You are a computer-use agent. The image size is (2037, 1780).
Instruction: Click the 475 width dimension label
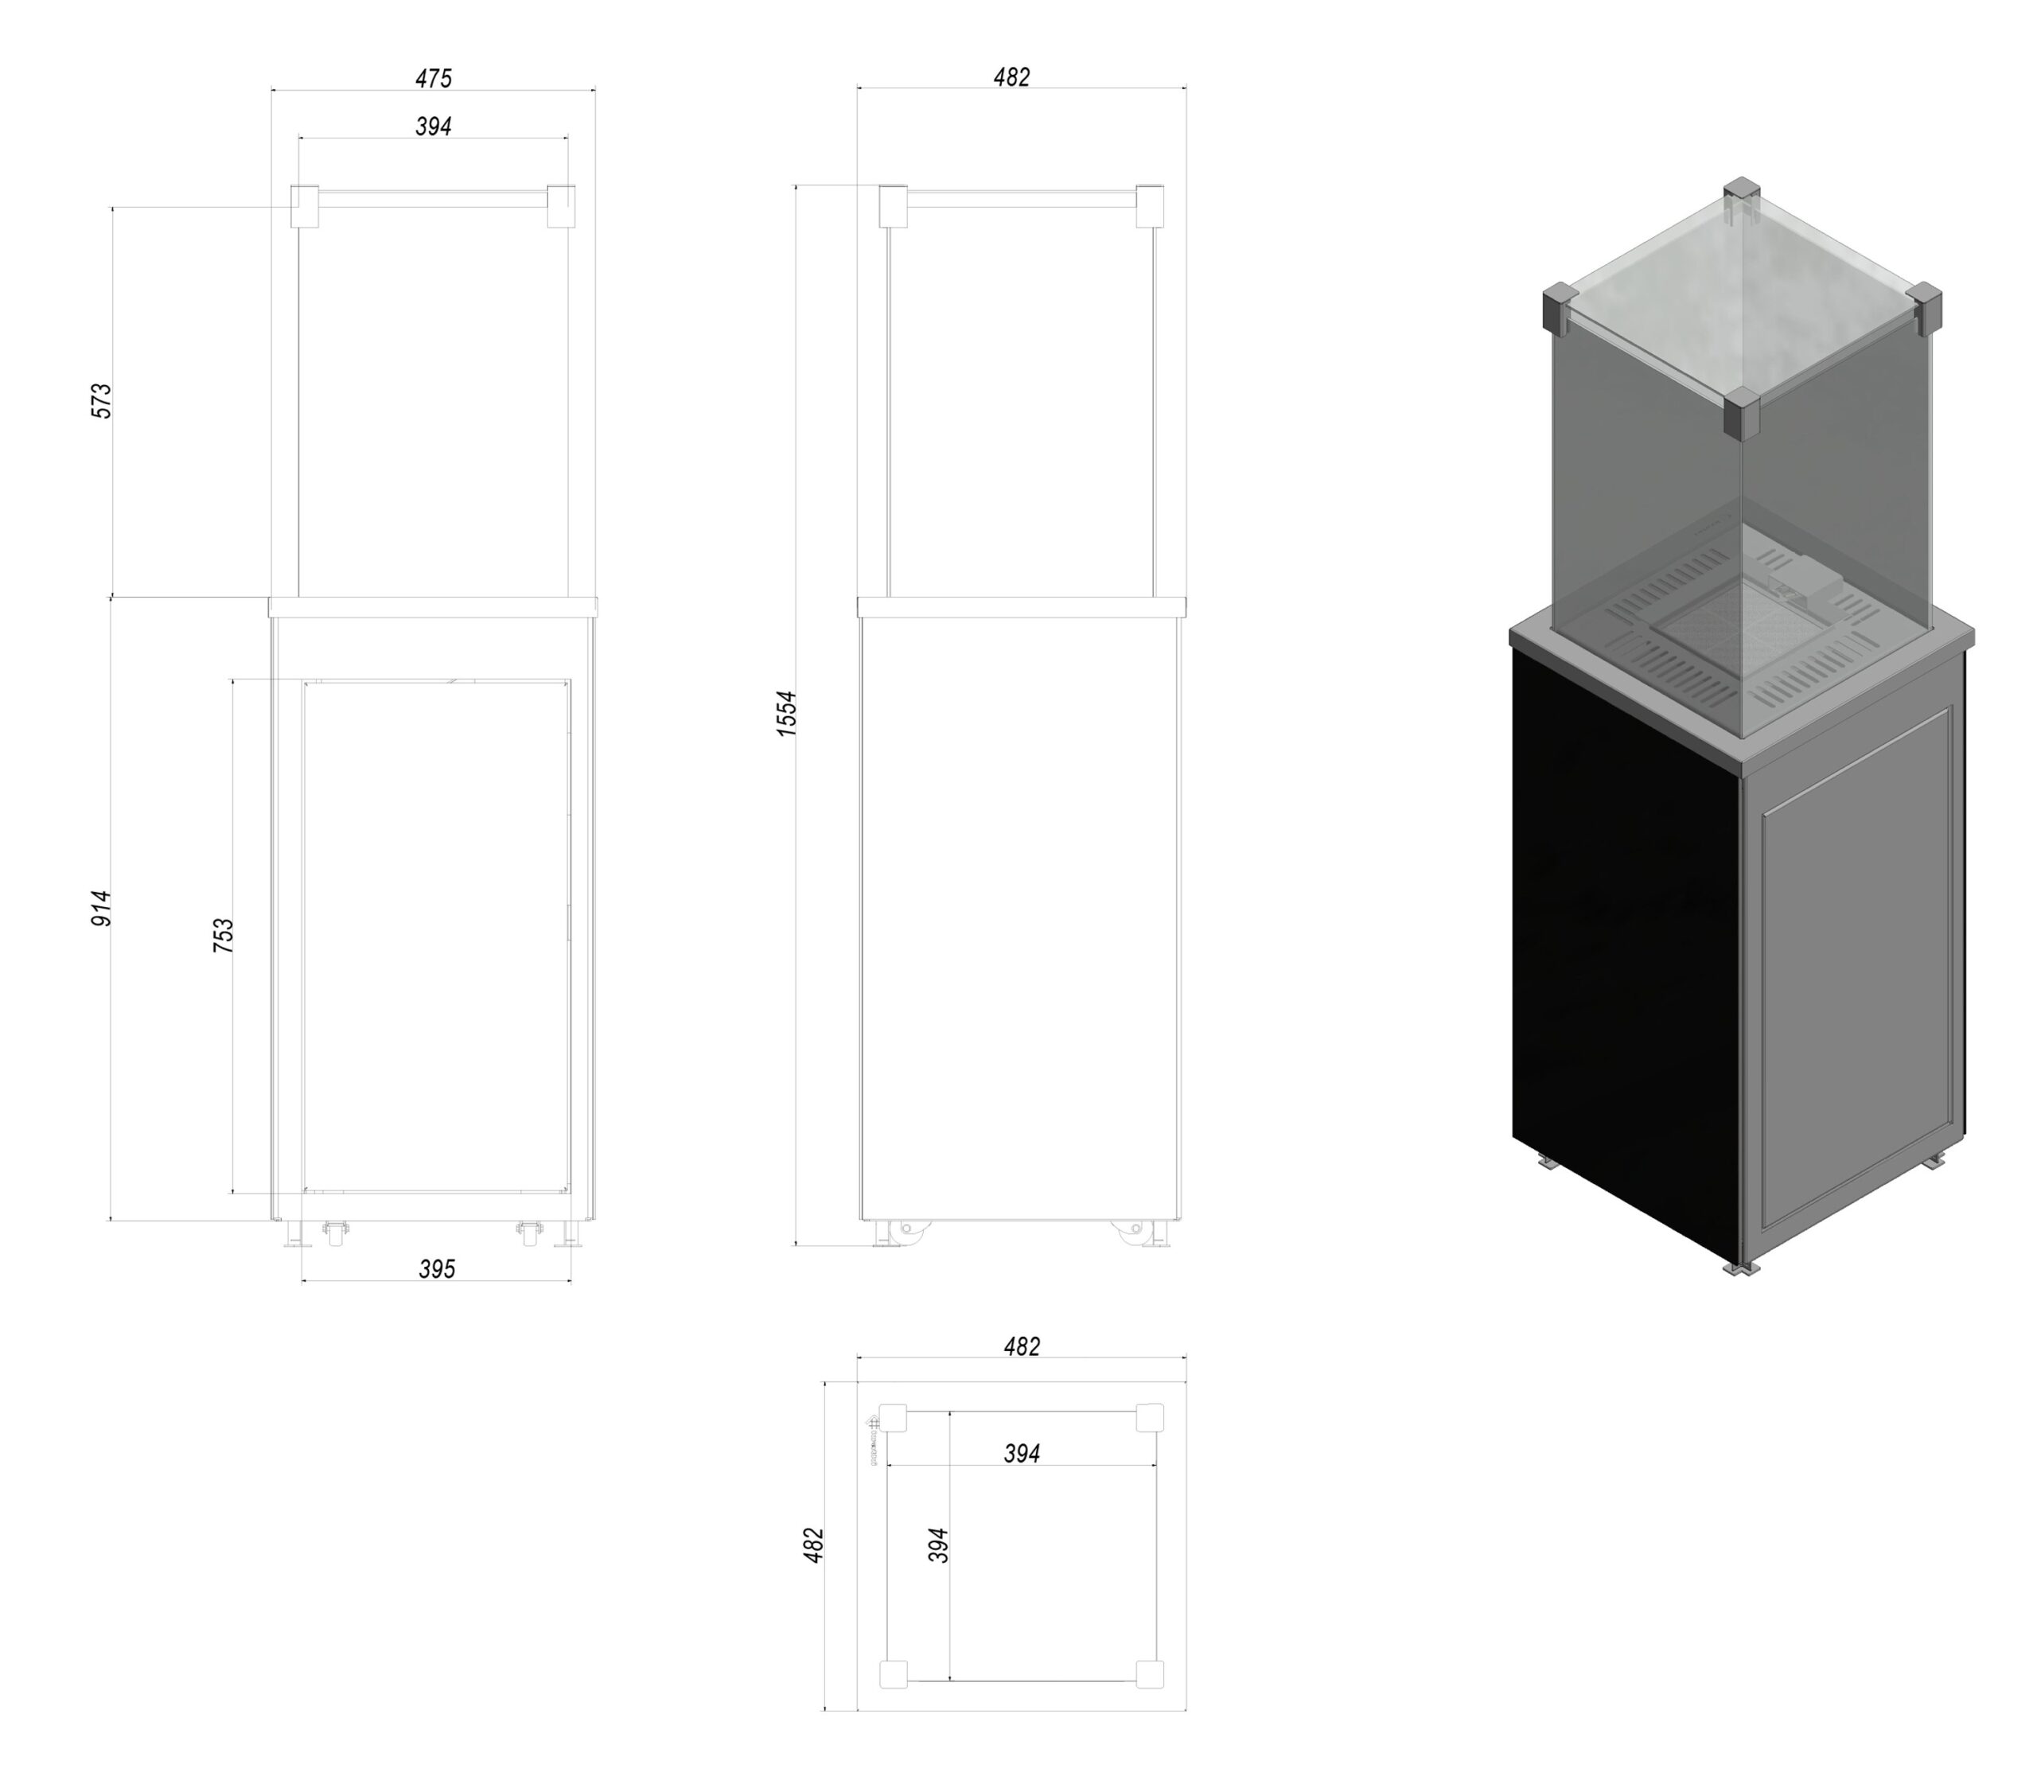[x=434, y=77]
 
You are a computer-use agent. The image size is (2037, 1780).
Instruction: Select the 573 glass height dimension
[x=101, y=400]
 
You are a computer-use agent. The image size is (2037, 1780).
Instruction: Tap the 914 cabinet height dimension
[x=101, y=908]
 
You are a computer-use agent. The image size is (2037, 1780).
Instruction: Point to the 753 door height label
[x=224, y=936]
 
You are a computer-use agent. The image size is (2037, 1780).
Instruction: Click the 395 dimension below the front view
[x=437, y=1268]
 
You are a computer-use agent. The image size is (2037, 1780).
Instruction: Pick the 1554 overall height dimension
[x=787, y=713]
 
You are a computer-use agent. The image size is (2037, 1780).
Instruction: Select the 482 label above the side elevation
[x=1012, y=77]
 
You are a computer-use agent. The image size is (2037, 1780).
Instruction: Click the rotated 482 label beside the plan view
[x=813, y=1545]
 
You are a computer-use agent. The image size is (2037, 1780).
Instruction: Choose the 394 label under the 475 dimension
[x=434, y=127]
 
